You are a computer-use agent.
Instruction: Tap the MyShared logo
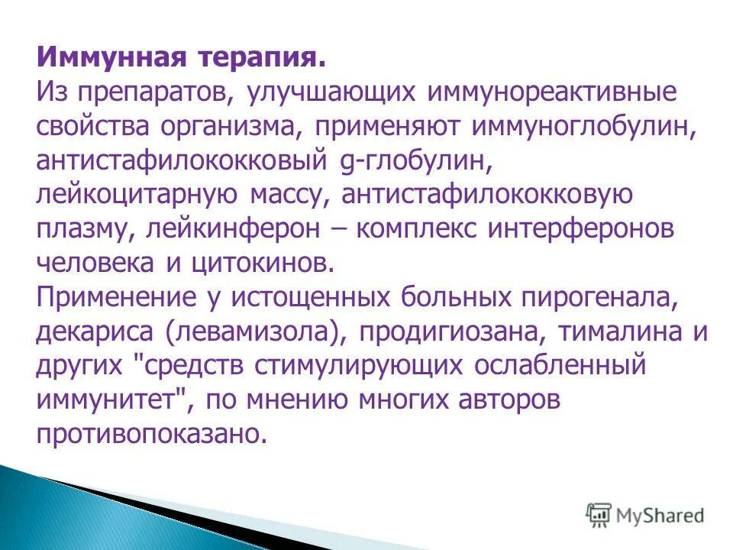pyautogui.click(x=645, y=514)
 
